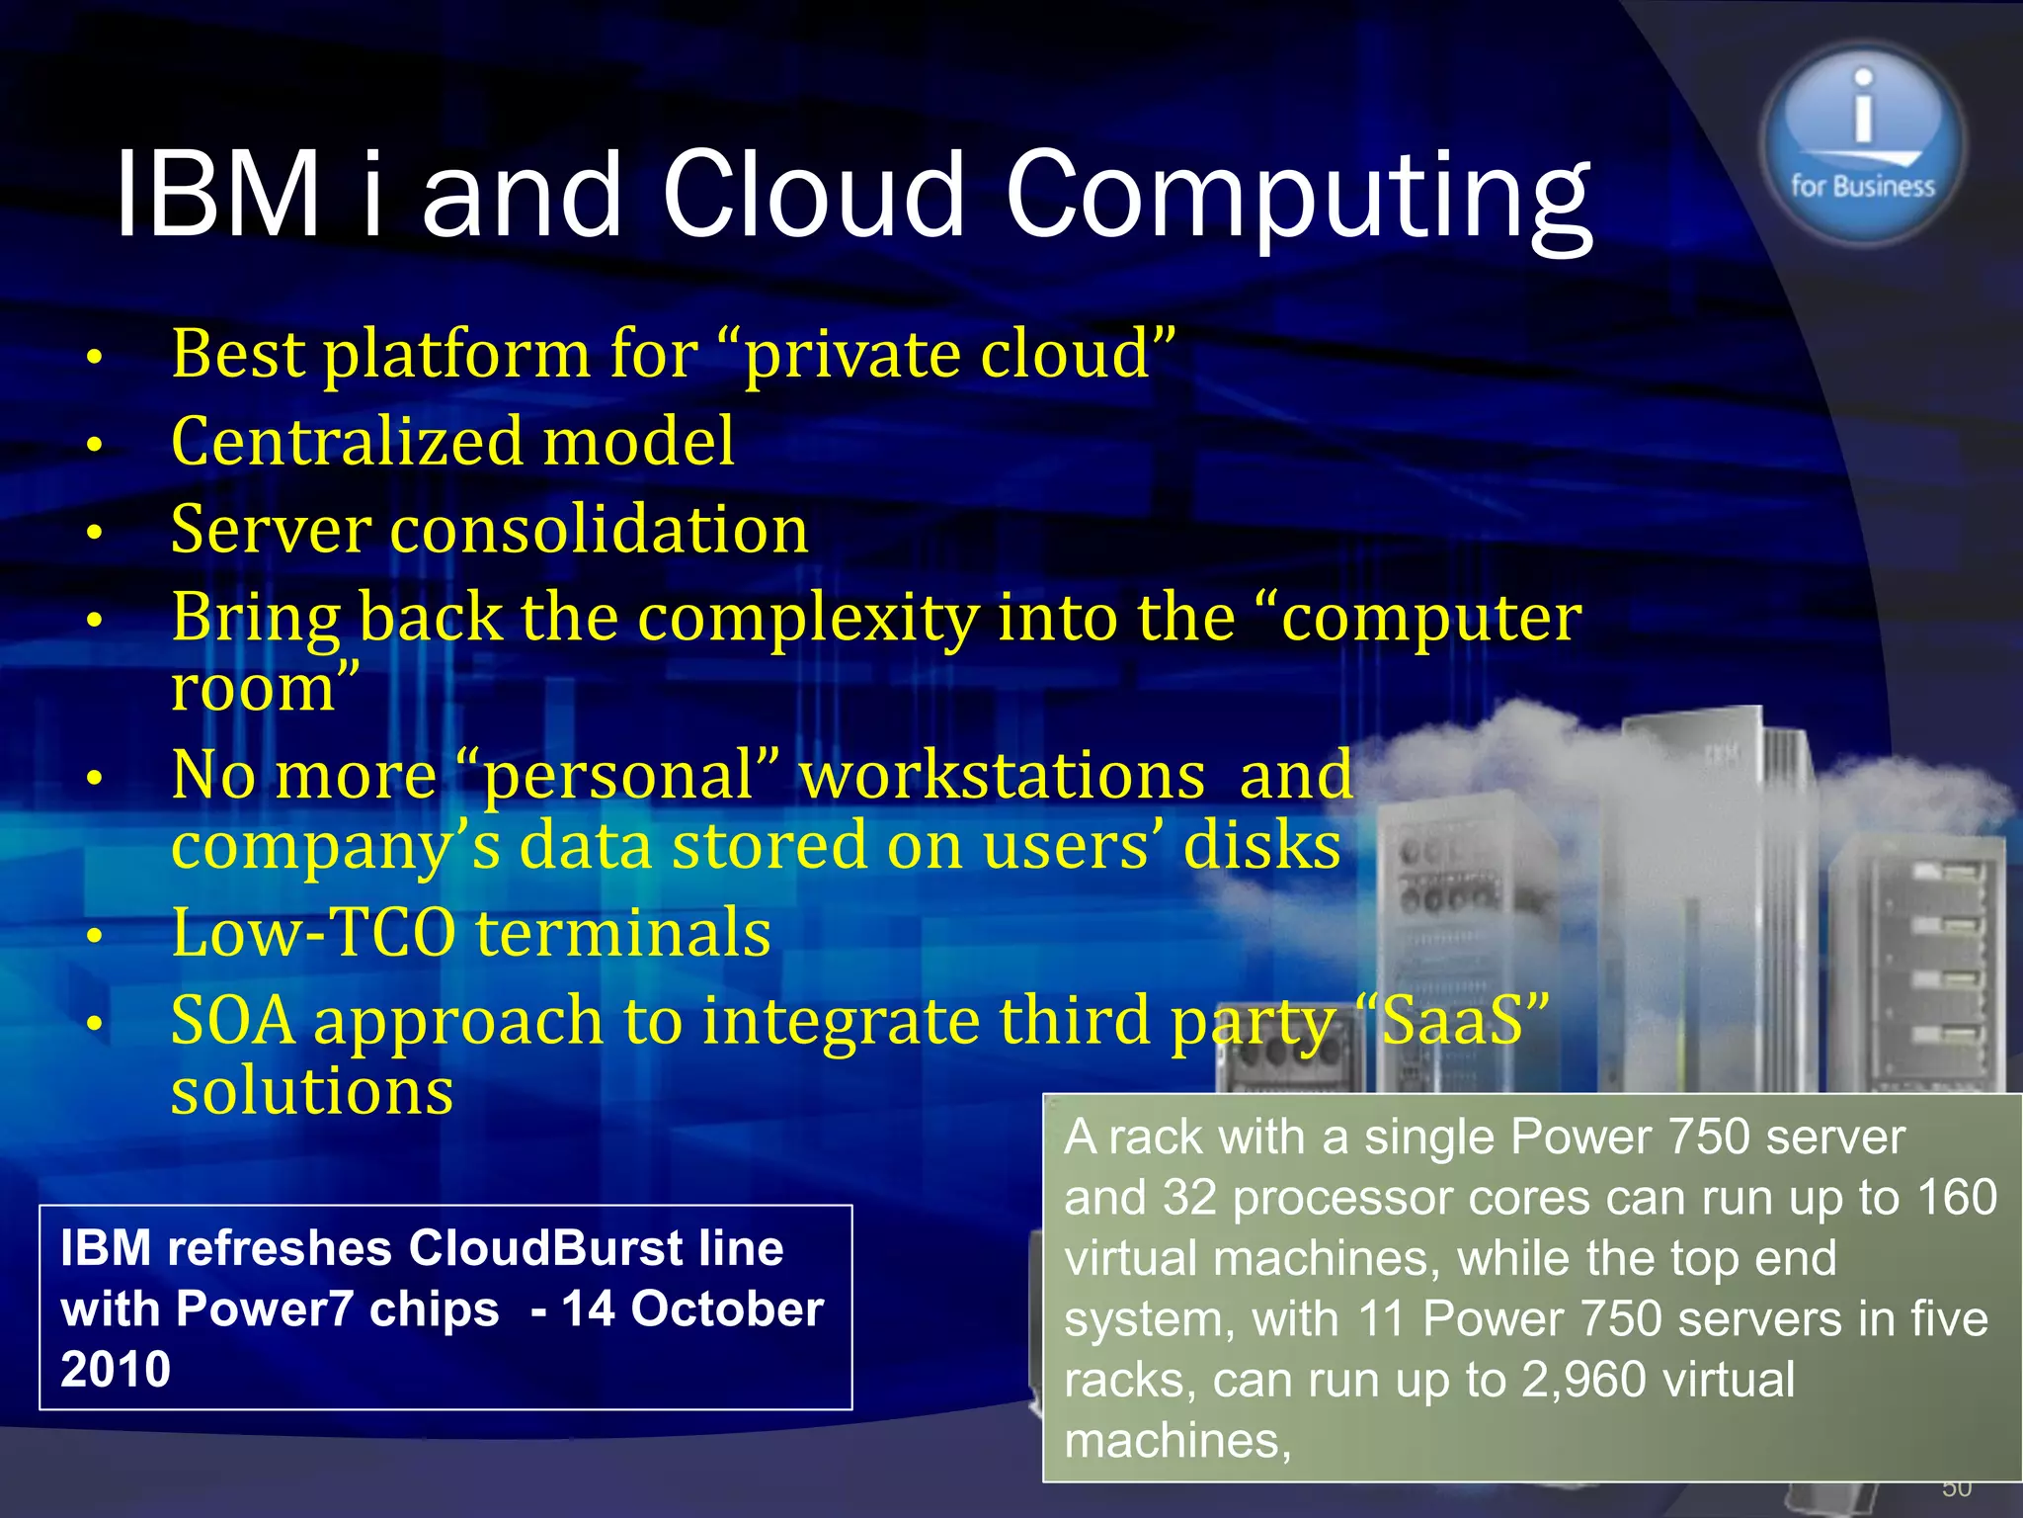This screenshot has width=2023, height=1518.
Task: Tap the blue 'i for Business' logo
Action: pos(1862,143)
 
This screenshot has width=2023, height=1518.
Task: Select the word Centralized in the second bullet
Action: pos(346,441)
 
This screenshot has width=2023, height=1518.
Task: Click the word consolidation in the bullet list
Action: pos(600,529)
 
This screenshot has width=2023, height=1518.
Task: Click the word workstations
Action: pos(1002,775)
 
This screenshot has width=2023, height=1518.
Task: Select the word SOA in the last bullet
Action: pos(232,1020)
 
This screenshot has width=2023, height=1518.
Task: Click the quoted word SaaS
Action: pos(1452,1020)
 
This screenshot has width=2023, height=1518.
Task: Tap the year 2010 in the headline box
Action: pos(116,1370)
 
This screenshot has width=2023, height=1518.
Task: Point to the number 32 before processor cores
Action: pos(1189,1198)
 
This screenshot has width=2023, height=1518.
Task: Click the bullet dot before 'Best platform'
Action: pos(95,357)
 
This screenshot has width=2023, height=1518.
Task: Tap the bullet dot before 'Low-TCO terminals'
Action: pos(95,935)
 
